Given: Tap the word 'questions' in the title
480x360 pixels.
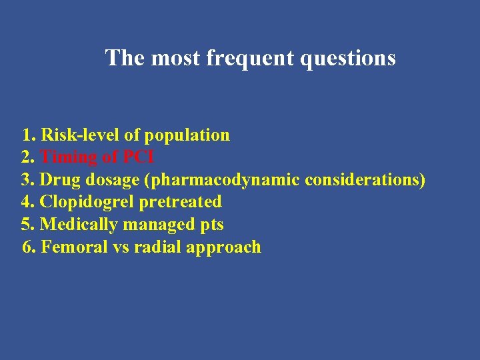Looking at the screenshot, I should pyautogui.click(x=349, y=59).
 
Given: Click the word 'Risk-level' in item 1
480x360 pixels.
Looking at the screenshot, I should pyautogui.click(x=81, y=135).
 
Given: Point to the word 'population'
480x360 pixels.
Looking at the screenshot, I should pyautogui.click(x=187, y=136).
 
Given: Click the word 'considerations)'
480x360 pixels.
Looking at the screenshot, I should pyautogui.click(x=365, y=180).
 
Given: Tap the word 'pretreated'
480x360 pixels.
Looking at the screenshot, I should pyautogui.click(x=181, y=202).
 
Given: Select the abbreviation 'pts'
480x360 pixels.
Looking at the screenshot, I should pyautogui.click(x=211, y=225).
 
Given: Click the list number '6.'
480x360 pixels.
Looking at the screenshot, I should pyautogui.click(x=29, y=247).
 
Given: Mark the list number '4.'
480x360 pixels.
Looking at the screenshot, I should pyautogui.click(x=29, y=202).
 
